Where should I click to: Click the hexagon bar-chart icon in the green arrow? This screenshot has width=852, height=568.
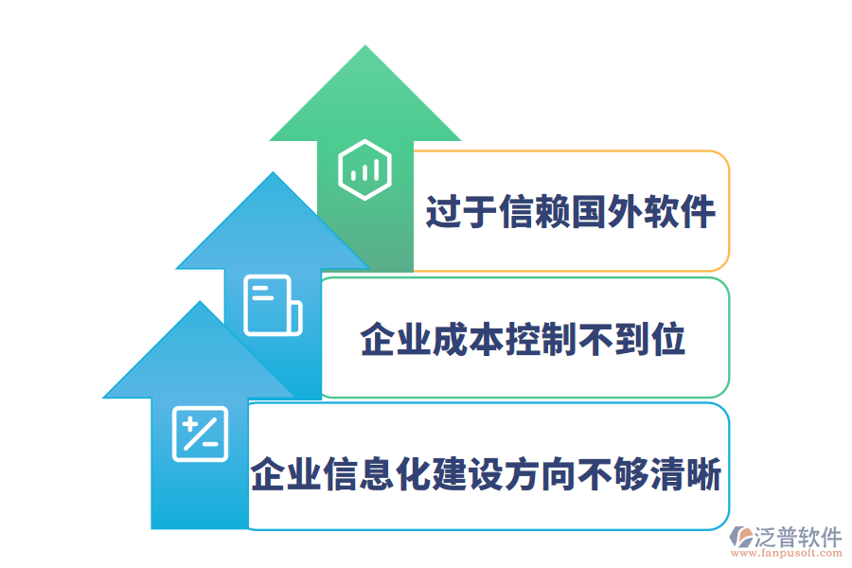coord(364,170)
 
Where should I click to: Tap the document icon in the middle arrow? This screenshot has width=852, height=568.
coord(273,305)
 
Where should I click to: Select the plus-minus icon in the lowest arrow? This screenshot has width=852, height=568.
coord(201,434)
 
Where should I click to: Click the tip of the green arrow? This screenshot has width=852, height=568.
coord(364,47)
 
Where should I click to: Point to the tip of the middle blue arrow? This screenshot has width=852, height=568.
coord(273,174)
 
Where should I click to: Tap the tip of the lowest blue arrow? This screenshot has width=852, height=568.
coord(200,303)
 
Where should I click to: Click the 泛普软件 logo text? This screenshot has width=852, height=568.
coord(797,537)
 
